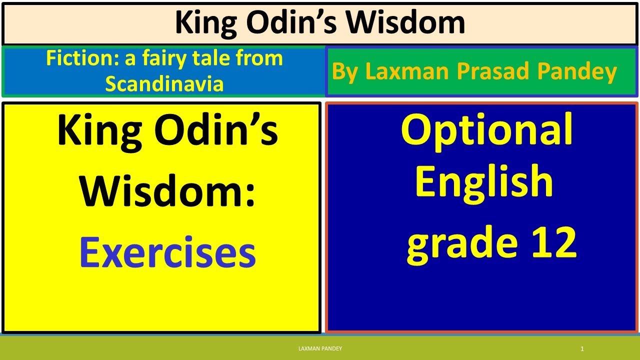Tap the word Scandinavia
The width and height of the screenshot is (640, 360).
coord(164,84)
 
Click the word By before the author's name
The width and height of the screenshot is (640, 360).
coord(345,72)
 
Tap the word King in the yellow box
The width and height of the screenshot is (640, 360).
coord(98,131)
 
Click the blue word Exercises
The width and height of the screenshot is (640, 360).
coord(167,253)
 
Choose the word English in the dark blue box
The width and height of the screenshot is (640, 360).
coord(483,181)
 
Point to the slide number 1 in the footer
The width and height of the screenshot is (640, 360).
coord(582,349)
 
